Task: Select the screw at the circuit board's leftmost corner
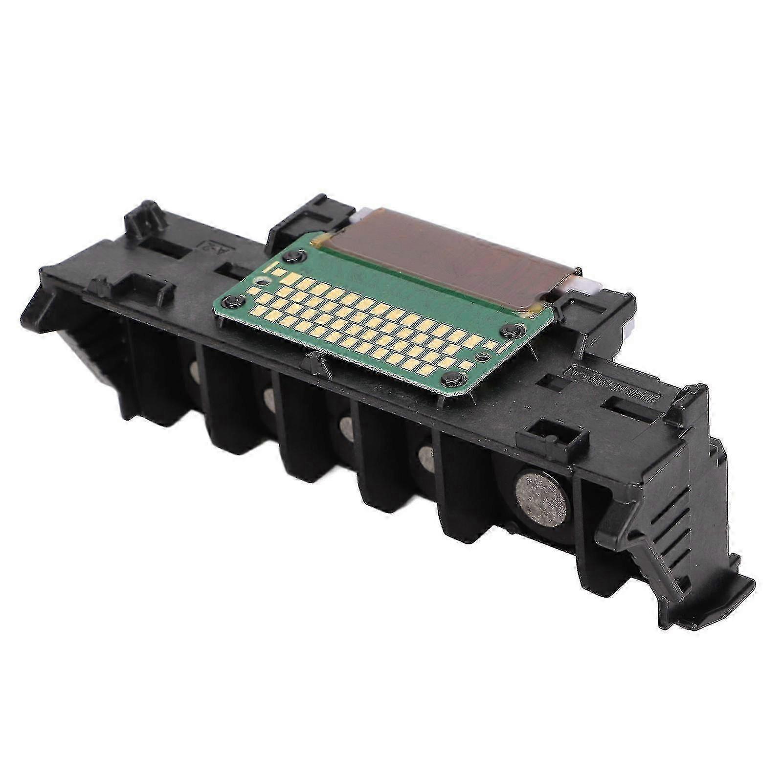point(235,300)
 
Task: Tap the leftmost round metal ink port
point(195,372)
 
